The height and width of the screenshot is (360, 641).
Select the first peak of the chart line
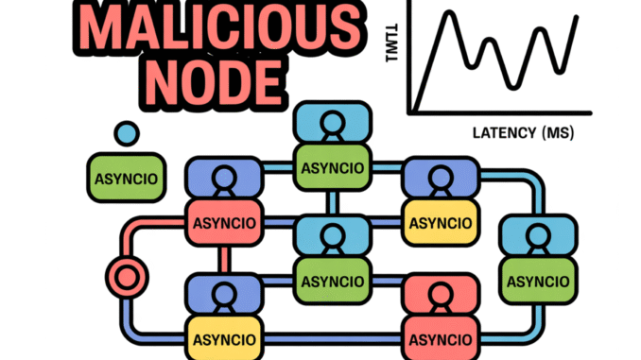[455, 20]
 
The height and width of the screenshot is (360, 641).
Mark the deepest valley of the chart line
[513, 87]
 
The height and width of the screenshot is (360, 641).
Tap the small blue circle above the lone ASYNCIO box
[125, 133]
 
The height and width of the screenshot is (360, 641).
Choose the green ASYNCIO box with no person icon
[124, 178]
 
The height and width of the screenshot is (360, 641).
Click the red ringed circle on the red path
[124, 277]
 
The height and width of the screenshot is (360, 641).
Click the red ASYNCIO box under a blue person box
[222, 223]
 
